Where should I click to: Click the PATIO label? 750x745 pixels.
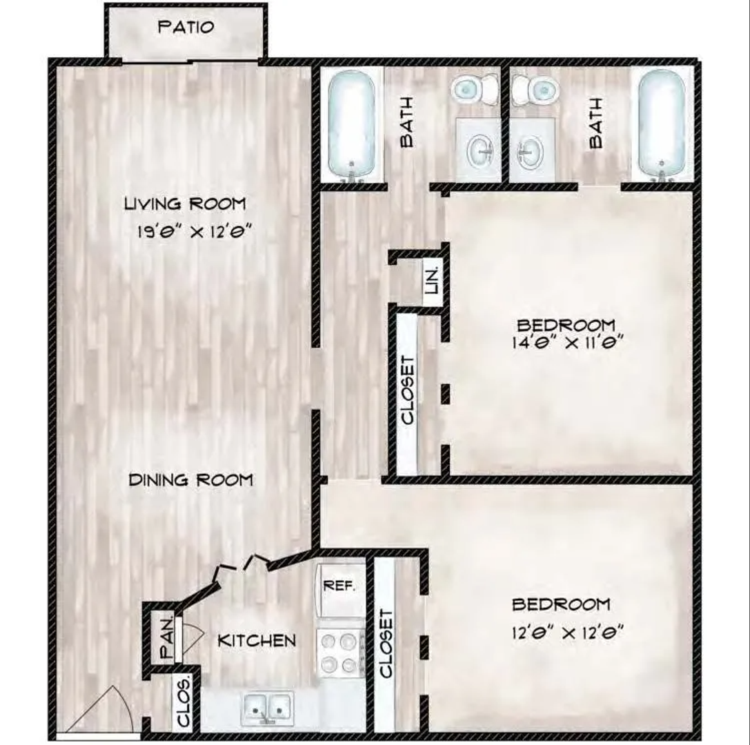click(186, 28)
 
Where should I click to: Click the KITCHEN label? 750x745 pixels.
click(257, 641)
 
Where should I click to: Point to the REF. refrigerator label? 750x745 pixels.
click(339, 587)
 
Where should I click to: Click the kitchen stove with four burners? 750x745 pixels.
click(339, 653)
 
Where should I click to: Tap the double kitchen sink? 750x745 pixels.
click(267, 706)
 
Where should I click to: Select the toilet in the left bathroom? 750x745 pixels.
click(475, 88)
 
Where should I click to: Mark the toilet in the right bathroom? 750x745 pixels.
click(535, 88)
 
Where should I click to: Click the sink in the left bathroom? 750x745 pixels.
click(478, 148)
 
